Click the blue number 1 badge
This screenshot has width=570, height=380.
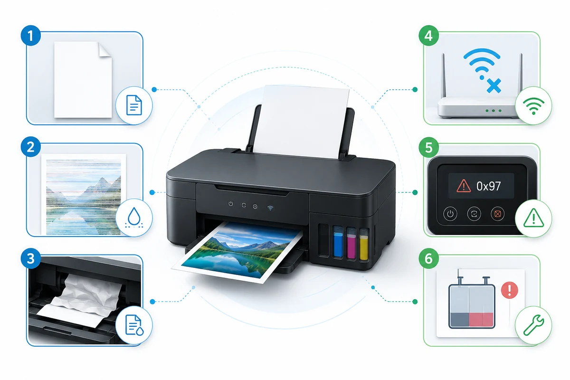[31, 36]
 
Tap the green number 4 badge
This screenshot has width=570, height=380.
[429, 36]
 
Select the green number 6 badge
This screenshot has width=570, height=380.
[429, 258]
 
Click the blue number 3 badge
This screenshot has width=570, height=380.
[31, 258]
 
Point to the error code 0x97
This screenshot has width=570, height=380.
[489, 186]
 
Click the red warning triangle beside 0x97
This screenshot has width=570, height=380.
[464, 186]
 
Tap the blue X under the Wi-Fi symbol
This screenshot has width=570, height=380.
[494, 85]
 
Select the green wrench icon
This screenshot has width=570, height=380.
[533, 325]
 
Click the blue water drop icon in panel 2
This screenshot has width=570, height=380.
[134, 218]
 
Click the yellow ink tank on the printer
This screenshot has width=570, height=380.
[364, 245]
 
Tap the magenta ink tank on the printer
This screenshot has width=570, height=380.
[351, 243]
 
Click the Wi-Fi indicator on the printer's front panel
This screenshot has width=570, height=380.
[270, 208]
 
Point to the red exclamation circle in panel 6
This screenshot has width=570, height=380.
[509, 290]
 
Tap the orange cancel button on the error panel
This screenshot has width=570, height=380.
[498, 214]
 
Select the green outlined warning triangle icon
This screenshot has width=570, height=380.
[533, 218]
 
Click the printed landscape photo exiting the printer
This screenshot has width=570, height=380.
[238, 251]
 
